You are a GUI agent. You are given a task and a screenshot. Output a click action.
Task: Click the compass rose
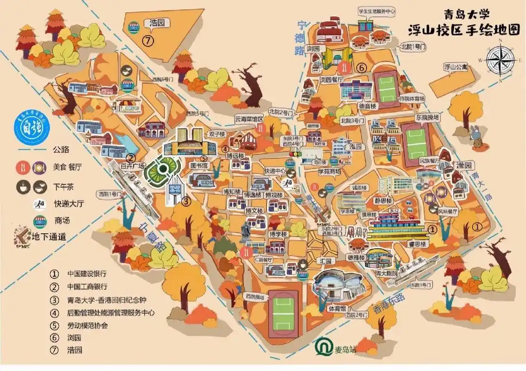click(500, 58)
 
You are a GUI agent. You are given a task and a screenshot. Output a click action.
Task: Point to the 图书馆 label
click(198, 165)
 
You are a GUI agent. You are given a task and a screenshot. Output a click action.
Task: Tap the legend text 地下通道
click(49, 236)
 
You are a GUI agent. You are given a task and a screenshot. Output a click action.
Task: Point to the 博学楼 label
click(278, 234)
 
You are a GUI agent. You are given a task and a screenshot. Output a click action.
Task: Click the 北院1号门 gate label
click(412, 46)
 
